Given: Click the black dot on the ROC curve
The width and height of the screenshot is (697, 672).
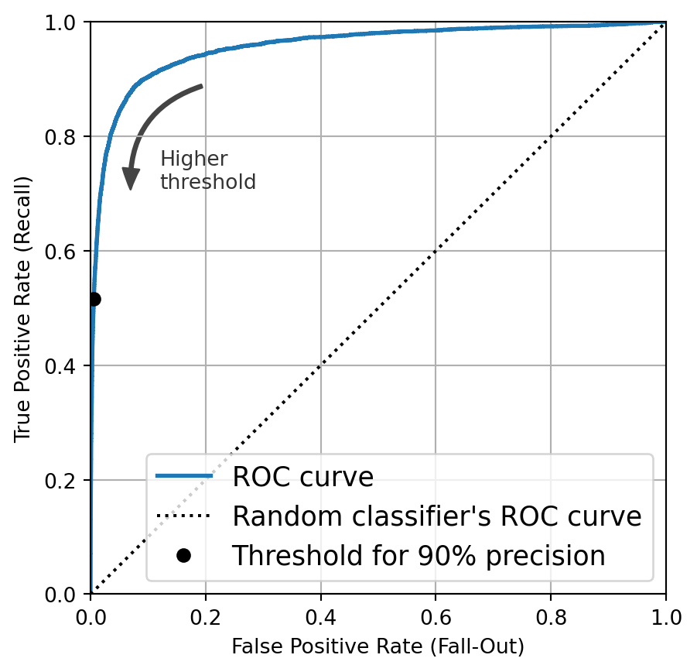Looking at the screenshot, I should (x=94, y=299).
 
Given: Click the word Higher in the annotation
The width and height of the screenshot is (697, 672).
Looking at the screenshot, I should (x=193, y=159).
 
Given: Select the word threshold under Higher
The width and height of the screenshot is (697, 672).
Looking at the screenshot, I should (x=207, y=182).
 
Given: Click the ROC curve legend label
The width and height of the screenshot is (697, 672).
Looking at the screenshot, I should (x=302, y=477).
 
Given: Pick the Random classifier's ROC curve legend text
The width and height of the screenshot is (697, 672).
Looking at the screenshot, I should (x=437, y=516).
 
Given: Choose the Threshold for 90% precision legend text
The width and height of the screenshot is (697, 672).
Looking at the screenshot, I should (x=419, y=556).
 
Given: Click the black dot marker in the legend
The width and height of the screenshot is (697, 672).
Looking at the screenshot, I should (x=183, y=556).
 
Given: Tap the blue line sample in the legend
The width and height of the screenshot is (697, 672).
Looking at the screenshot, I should (x=183, y=476).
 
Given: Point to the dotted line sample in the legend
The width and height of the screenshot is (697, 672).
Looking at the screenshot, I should (x=183, y=516).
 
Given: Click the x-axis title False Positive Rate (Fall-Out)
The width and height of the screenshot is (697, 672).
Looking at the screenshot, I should (x=378, y=646).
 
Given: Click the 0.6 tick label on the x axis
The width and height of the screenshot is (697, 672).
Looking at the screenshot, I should (x=435, y=617).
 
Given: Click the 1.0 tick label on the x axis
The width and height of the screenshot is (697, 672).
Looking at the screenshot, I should (x=665, y=617).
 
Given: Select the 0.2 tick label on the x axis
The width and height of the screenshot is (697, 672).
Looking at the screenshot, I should (x=205, y=617).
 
